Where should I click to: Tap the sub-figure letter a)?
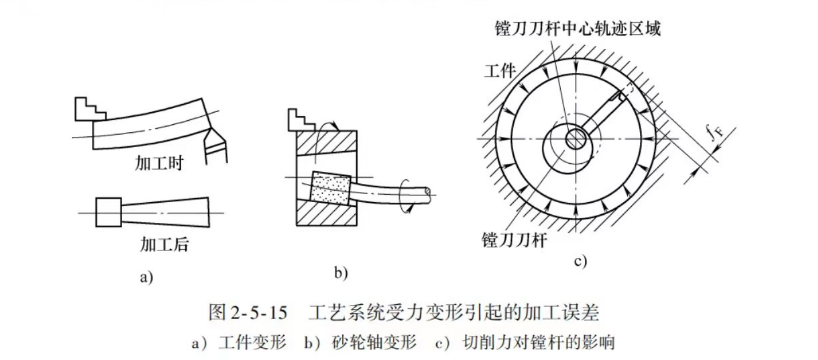(145, 277)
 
